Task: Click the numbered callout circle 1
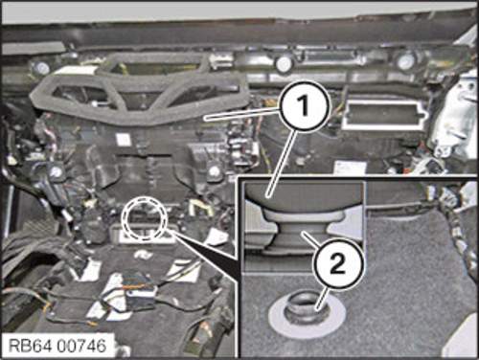pos(305,105)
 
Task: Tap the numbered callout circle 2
pos(339,265)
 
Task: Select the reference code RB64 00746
pos(57,346)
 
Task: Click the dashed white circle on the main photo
pos(147,218)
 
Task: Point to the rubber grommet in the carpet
pos(306,309)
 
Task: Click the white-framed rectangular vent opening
pos(384,115)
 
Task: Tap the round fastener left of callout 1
pos(284,63)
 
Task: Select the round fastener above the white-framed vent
pos(405,60)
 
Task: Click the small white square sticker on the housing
pos(122,140)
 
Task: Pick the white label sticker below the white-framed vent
pos(346,168)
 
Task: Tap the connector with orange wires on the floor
pos(137,292)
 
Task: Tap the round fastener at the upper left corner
pos(41,68)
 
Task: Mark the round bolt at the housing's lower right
pos(213,171)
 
